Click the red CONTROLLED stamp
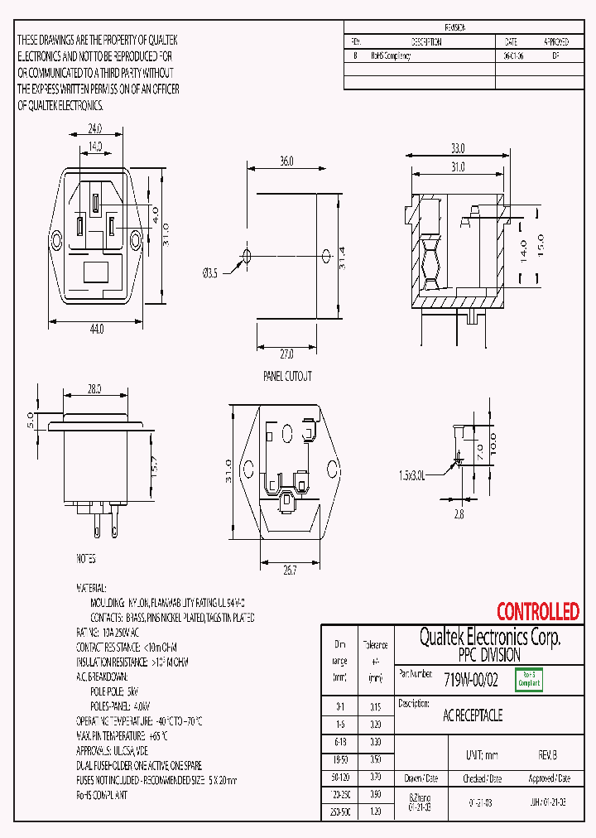click(x=537, y=612)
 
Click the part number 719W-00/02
click(x=471, y=680)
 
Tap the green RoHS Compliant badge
click(x=529, y=680)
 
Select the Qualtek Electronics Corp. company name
click(x=489, y=637)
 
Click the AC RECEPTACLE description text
click(x=473, y=715)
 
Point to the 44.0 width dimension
click(x=97, y=329)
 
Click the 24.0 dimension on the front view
click(x=95, y=129)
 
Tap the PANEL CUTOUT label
click(x=287, y=376)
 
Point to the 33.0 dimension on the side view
click(x=457, y=148)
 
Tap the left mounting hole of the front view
click(x=57, y=242)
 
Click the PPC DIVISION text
click(x=489, y=654)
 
